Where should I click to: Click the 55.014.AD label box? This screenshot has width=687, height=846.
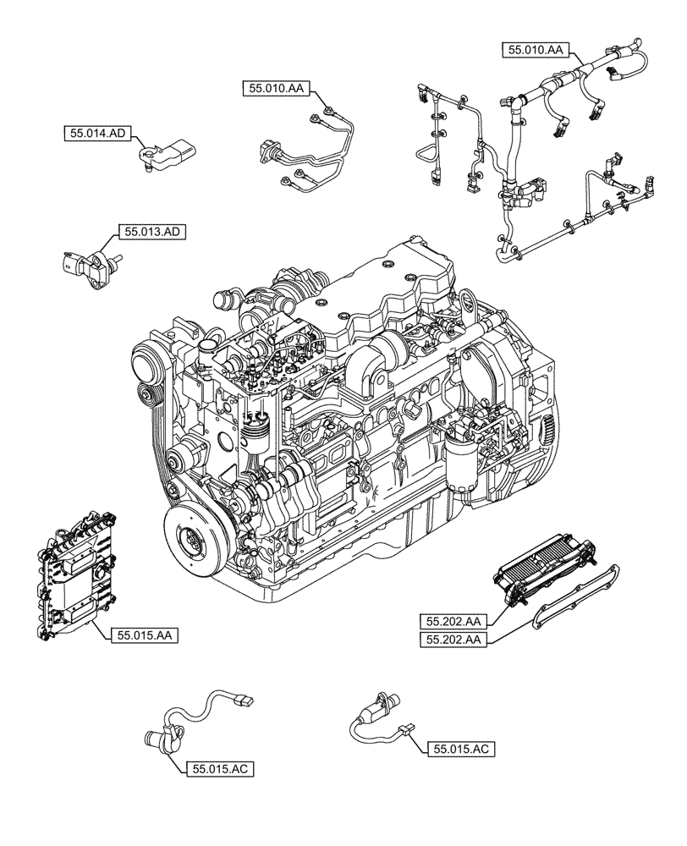click(x=98, y=133)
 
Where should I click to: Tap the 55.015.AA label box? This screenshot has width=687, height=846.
click(x=144, y=633)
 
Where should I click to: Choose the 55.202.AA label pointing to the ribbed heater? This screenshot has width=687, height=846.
click(x=453, y=620)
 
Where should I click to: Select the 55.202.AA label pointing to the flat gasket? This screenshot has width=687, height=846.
click(x=453, y=640)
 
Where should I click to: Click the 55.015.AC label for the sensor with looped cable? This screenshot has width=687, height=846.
click(x=220, y=768)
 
